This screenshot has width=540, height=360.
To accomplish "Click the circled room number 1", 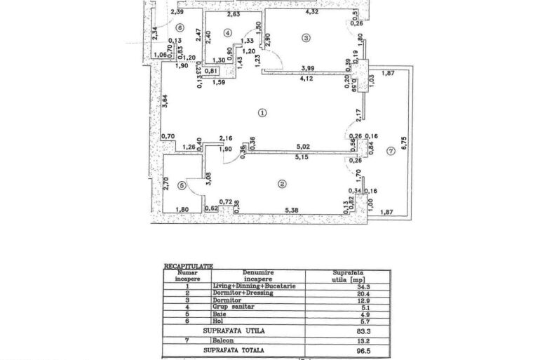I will point(262,112).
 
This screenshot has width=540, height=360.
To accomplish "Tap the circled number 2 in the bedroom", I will point(282,185).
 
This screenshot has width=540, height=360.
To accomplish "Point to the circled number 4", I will point(227,33).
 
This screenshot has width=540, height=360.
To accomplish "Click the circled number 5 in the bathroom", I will point(182,185).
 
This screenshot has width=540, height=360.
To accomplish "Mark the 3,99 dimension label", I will point(306,67).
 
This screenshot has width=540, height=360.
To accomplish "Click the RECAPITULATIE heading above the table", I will point(187,267).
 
